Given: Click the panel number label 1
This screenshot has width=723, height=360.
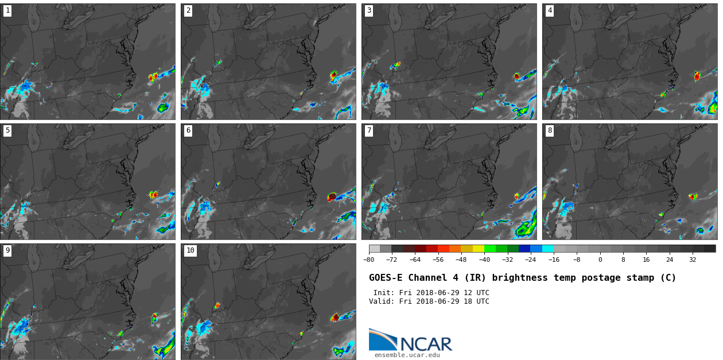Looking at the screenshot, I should tap(7, 10).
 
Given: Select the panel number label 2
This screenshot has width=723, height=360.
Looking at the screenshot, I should tap(188, 10).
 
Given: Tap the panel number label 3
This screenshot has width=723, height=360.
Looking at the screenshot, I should tap(369, 10).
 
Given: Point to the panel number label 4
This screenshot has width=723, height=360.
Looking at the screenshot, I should tap(550, 10).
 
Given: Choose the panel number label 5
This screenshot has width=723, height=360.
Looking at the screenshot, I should tap(7, 130).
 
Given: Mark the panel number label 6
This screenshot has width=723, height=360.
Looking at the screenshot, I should tap(188, 130).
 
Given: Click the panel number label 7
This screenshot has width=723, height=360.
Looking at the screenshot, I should tap(369, 130).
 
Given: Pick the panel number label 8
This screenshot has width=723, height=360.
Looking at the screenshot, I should tap(550, 130).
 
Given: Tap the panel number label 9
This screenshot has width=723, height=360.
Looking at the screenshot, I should tap(7, 250).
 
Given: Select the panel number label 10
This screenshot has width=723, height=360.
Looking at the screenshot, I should tap(191, 250).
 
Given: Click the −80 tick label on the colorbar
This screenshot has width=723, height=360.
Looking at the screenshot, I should tap(368, 260).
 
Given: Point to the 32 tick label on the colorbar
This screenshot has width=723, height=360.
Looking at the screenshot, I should tap(693, 260).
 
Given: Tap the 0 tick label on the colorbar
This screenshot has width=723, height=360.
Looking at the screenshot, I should tap(600, 260).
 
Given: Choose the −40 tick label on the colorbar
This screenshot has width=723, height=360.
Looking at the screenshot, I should tap(484, 260).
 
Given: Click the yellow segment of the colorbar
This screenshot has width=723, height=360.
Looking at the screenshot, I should tap(479, 249).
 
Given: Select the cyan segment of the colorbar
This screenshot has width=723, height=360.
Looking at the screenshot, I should tap(548, 249).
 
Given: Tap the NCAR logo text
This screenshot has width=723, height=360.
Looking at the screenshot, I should tap(426, 344).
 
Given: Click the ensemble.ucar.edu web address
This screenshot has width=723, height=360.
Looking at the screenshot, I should tap(407, 355).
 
